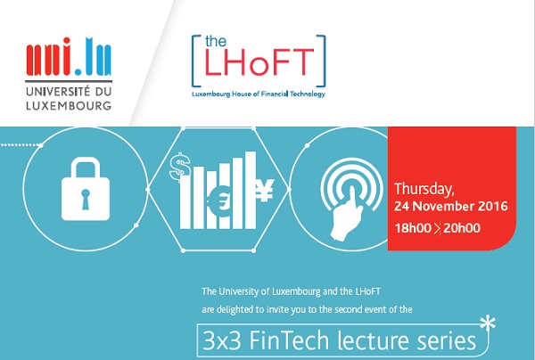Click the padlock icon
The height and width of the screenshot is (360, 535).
coord(86,189)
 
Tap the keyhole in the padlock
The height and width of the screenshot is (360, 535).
coord(86,199)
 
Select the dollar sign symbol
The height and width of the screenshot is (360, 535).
coord(180,167)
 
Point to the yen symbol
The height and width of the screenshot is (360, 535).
coord(265,190)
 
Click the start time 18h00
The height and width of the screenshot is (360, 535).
coord(413,228)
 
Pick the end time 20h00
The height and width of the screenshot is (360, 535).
coord(462,228)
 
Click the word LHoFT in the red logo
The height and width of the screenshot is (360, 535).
coord(259,62)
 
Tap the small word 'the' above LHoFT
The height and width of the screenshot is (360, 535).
coord(216,41)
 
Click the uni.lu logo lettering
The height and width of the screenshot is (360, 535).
coord(69,57)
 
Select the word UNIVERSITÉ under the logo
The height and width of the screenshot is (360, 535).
coord(58,92)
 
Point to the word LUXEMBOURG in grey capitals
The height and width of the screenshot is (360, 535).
coord(69,105)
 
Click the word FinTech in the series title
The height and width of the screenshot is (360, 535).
coord(289,340)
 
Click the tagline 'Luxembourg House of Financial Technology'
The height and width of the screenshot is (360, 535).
coord(259,94)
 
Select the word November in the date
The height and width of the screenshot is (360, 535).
coord(445,206)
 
